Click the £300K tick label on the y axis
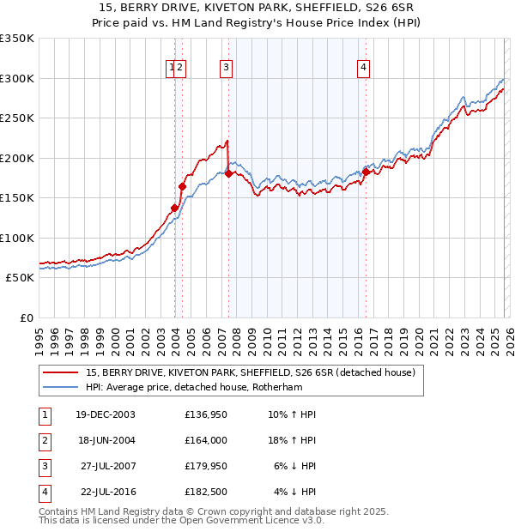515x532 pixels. (17, 78)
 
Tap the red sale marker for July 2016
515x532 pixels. (366, 172)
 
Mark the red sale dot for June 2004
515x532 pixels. (182, 186)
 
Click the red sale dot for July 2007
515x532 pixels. (229, 174)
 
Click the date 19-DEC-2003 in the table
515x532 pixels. (106, 414)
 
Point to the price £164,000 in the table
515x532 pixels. (205, 440)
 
